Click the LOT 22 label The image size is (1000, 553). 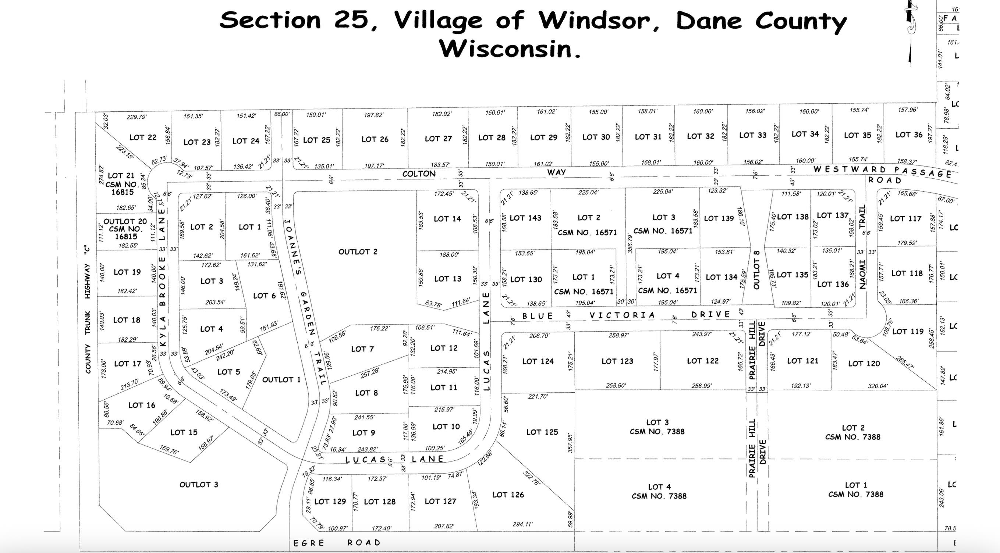143,138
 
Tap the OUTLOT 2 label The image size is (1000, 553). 358,252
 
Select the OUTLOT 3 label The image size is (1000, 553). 199,484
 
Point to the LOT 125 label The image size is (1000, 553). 542,432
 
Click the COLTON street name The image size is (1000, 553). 419,174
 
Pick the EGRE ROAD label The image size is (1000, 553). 337,543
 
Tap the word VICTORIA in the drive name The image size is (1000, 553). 622,315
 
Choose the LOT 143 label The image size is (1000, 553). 525,218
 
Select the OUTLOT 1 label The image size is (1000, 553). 281,379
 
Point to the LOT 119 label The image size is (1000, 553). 908,331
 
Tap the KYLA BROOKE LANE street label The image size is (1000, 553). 163,278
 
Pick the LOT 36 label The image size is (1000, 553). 909,135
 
